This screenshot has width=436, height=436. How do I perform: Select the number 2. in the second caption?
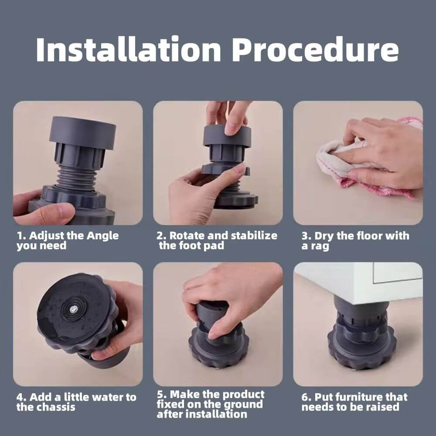[x=162, y=236]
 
